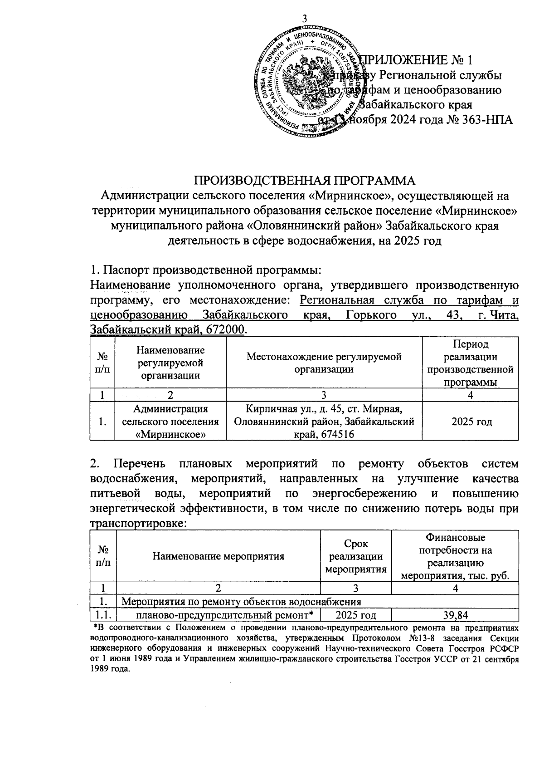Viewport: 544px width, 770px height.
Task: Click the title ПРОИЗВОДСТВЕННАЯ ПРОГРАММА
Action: click(305, 180)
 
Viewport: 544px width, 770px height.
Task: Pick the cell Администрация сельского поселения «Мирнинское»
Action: click(170, 422)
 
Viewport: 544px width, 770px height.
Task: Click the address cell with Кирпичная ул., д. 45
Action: click(324, 422)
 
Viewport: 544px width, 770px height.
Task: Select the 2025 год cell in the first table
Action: click(471, 422)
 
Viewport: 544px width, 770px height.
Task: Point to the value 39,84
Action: click(455, 615)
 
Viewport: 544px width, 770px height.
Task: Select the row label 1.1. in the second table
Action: click(103, 615)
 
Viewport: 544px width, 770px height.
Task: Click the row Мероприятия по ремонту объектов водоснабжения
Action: click(242, 602)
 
